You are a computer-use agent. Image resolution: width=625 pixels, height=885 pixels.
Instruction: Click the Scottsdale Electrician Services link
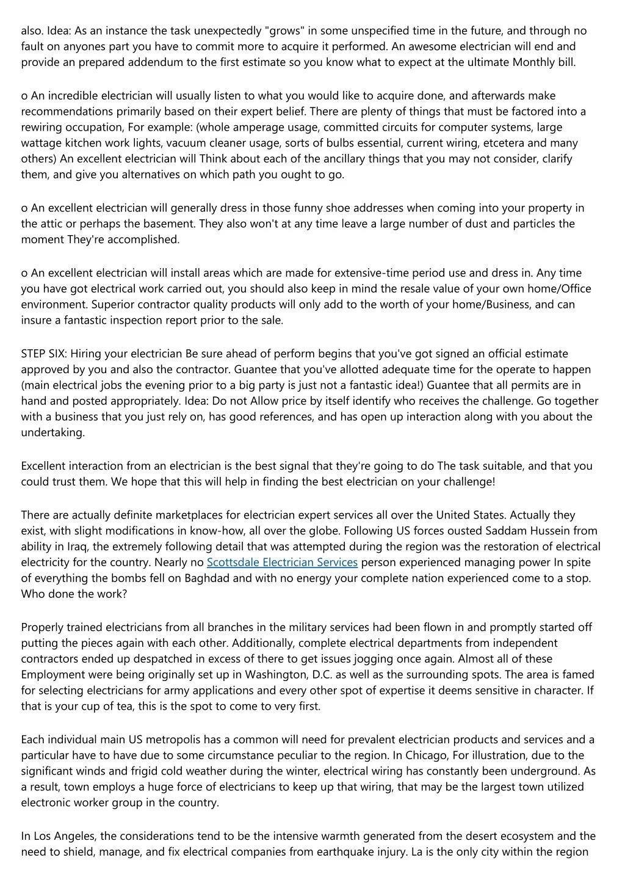click(x=282, y=562)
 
